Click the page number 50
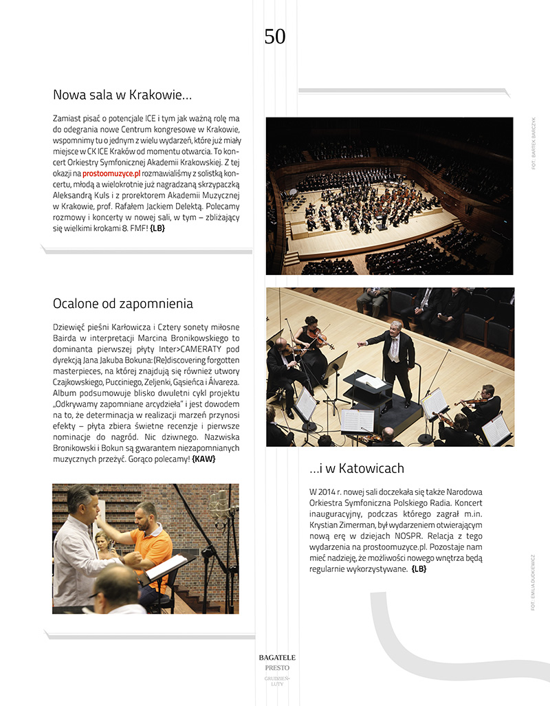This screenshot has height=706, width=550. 274,36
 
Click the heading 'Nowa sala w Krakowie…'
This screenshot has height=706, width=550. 122,95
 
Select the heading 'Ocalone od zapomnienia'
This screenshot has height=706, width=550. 122,303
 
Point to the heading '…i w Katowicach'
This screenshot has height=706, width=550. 356,468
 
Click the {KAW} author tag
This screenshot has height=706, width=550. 203,459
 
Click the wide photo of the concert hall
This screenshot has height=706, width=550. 389,196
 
